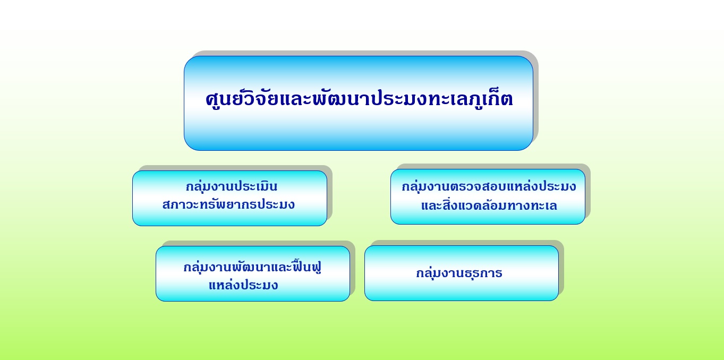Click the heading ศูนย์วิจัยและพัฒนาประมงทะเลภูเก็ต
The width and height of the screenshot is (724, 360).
pyautogui.click(x=359, y=99)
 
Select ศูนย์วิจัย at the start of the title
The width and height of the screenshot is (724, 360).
pyautogui.click(x=242, y=99)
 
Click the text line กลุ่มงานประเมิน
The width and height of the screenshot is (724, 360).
pyautogui.click(x=232, y=186)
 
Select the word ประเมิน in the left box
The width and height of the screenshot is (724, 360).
pyautogui.click(x=256, y=186)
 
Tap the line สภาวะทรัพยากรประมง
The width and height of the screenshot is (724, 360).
pyautogui.click(x=228, y=204)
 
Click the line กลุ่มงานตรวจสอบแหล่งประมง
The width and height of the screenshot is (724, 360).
pyautogui.click(x=489, y=187)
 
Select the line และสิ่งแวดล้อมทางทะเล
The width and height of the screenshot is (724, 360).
pyautogui.click(x=489, y=205)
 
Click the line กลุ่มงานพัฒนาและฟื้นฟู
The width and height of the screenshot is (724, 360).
pyautogui.click(x=252, y=267)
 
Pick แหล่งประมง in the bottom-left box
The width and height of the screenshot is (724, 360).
pyautogui.click(x=243, y=285)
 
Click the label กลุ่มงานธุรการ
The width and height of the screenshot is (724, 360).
pyautogui.click(x=459, y=273)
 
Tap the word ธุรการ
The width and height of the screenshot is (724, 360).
pyautogui.click(x=483, y=273)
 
